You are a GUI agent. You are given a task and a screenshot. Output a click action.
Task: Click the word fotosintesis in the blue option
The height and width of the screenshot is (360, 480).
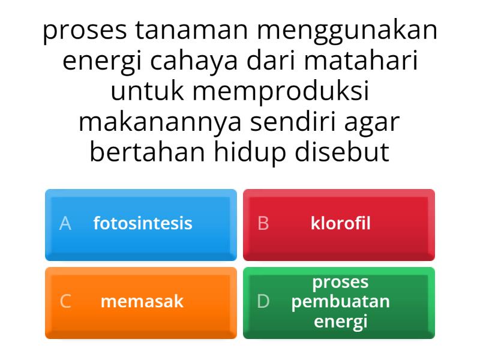143,223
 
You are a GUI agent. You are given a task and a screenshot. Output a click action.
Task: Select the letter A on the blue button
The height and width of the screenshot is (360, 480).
65,223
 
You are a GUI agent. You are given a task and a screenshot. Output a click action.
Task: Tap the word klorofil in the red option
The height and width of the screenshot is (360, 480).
340,223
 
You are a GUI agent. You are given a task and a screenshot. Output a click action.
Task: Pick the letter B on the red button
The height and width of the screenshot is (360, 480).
263,223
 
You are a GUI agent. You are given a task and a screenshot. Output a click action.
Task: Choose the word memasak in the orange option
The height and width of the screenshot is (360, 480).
142,301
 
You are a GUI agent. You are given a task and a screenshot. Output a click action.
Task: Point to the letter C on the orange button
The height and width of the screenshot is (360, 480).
65,301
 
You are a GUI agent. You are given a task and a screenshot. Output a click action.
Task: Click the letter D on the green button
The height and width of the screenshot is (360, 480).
263,301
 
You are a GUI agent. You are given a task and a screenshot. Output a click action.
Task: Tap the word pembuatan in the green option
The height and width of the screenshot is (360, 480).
340,301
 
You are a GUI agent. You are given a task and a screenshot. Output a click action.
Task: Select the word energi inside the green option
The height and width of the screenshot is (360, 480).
340,321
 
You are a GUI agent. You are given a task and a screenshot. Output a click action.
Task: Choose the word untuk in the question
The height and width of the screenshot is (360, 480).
146,92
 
